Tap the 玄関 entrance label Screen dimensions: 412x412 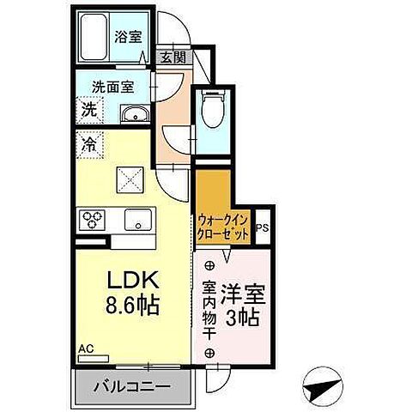click(x=172, y=58)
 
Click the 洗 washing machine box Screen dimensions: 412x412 click(x=88, y=109)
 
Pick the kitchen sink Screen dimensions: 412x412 click(x=136, y=221)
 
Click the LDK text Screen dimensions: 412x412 click(x=127, y=281)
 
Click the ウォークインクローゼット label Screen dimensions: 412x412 click(x=223, y=225)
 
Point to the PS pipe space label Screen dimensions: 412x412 click(x=262, y=228)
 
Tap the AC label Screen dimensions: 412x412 click(x=86, y=348)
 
